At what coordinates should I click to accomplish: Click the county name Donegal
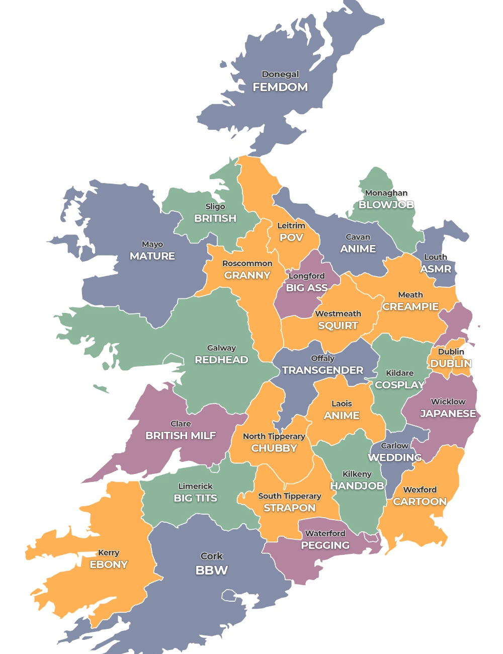[x=280, y=74]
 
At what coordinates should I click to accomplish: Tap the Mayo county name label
[x=152, y=244]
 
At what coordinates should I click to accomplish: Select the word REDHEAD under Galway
[x=221, y=360]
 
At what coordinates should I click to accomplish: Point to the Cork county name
[x=211, y=556]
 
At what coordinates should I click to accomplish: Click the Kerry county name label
[x=109, y=552]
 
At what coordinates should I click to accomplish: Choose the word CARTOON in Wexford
[x=420, y=502]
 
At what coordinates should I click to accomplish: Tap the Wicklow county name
[x=448, y=401]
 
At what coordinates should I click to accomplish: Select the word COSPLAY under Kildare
[x=399, y=385]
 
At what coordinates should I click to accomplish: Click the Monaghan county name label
[x=386, y=193]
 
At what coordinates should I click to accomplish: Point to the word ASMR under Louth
[x=436, y=269]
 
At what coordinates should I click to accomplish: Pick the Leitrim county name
[x=291, y=225]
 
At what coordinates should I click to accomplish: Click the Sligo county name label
[x=215, y=206]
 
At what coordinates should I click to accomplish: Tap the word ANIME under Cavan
[x=358, y=249]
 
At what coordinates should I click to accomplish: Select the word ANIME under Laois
[x=342, y=416]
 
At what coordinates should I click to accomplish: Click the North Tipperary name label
[x=274, y=436]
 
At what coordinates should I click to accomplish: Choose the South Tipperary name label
[x=289, y=496]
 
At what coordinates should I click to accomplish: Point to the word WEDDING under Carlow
[x=395, y=457]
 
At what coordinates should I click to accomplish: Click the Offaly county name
[x=322, y=358]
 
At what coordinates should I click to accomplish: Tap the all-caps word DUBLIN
[x=451, y=363]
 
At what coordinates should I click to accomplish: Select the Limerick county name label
[x=195, y=486]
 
